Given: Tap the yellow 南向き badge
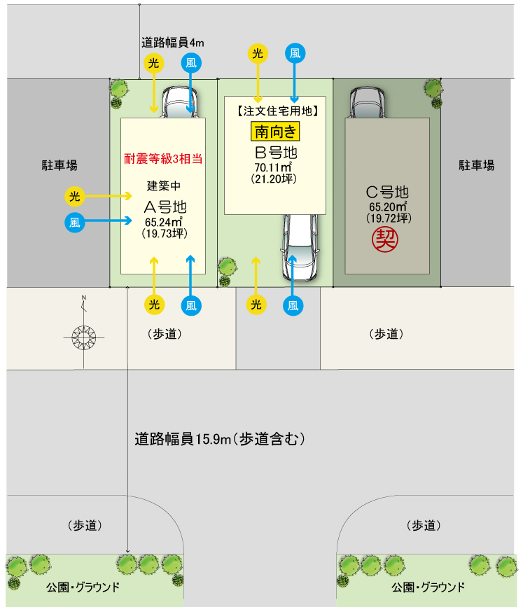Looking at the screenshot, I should pos(275,131).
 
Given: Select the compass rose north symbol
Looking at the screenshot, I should pos(84,337).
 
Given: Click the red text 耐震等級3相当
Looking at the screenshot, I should pos(163,158).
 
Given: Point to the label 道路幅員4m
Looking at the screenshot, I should pos(174,42).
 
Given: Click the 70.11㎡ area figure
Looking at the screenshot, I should pos(273,167).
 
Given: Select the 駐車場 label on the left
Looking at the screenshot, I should pos(59,165).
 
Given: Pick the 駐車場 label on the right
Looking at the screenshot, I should pos(477,165).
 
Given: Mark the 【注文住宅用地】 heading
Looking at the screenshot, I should pos(275,110).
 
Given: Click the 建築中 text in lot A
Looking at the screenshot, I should pos(163,186).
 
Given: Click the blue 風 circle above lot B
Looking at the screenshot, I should pos(295,53).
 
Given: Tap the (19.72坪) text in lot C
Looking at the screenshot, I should pos(388,218).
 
